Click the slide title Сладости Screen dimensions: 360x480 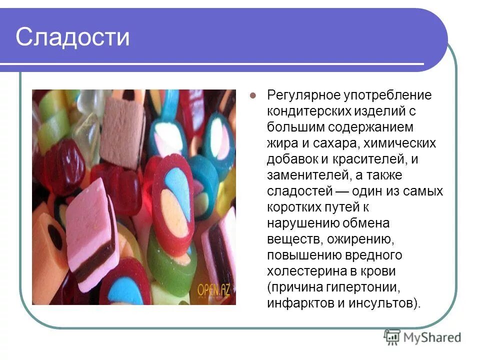coord(72,38)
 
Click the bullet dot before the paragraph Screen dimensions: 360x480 coord(253,95)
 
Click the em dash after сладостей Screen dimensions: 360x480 coord(342,191)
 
